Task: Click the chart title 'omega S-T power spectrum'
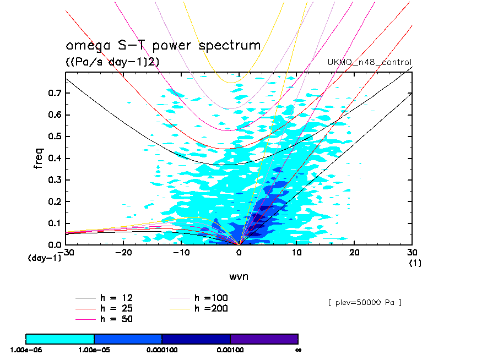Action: tap(163, 45)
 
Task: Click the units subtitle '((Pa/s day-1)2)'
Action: tap(113, 62)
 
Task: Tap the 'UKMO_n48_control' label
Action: tap(370, 62)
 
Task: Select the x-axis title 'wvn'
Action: tap(239, 276)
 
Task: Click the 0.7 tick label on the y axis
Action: tap(54, 93)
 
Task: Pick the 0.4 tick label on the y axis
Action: tap(54, 158)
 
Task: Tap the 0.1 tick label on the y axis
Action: tap(54, 223)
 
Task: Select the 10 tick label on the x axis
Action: tap(297, 252)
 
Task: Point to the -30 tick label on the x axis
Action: tap(68, 252)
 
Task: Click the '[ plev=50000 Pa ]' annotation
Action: tap(364, 303)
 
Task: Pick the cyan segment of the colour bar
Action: tap(60, 339)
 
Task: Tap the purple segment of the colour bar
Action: tap(264, 339)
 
